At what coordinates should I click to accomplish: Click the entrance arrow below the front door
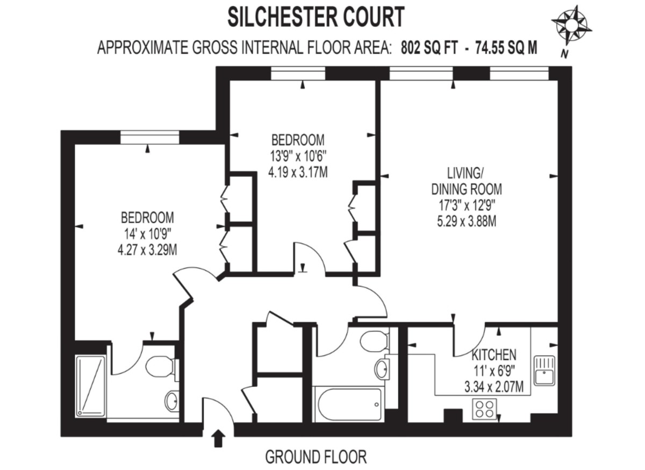(x=218, y=438)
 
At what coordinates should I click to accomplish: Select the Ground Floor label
(x=316, y=457)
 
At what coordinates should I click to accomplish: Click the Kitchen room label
(x=493, y=355)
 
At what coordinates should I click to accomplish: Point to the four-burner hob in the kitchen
(x=485, y=410)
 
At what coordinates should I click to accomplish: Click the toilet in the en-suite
(x=160, y=368)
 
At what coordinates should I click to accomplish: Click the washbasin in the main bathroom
(x=383, y=369)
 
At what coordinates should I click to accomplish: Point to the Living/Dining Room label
(x=466, y=181)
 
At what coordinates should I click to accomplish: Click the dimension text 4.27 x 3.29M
(x=147, y=250)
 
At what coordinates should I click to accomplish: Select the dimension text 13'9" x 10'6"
(x=298, y=156)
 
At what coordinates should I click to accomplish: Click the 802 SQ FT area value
(x=429, y=48)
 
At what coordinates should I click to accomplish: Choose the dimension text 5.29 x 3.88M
(x=466, y=220)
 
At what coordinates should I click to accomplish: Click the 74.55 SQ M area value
(x=503, y=48)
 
